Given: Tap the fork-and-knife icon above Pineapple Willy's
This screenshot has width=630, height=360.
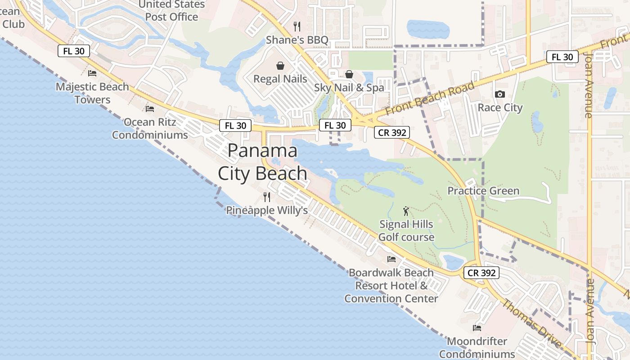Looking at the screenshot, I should [x=267, y=197].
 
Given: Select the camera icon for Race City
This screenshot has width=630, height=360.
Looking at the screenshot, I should [x=499, y=94].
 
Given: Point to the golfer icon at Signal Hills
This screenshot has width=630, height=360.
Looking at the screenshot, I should [x=406, y=211].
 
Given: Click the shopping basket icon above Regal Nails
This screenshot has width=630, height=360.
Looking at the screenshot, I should [x=280, y=66].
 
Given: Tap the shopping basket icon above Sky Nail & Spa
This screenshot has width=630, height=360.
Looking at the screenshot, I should [x=349, y=74].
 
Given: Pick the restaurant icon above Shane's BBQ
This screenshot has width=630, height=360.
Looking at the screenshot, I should [x=297, y=27].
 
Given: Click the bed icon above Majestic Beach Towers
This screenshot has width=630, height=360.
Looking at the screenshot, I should [x=92, y=73].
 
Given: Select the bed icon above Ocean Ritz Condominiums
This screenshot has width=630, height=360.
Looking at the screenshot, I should [x=150, y=109].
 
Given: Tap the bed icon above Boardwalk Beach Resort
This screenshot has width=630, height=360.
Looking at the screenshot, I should [x=391, y=259].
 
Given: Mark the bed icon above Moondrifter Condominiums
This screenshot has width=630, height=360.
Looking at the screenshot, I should [x=477, y=328].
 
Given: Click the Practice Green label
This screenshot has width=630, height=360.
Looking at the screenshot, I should [x=483, y=191].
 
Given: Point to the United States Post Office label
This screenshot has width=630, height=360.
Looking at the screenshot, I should [x=171, y=11].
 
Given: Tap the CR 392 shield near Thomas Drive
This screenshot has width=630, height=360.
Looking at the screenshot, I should [x=481, y=273].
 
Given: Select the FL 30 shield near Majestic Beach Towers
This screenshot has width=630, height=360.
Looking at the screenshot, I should [x=74, y=51].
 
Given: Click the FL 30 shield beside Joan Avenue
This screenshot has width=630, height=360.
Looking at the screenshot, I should [x=562, y=57].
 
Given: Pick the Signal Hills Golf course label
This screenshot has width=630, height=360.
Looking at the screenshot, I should [x=406, y=230].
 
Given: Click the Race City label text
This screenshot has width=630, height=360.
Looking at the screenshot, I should [x=500, y=108].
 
